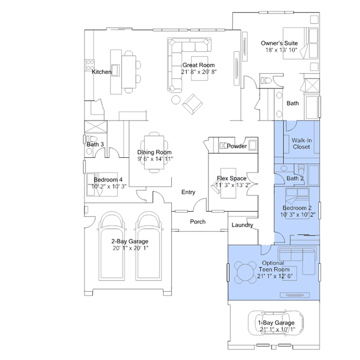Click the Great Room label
coord(199,65)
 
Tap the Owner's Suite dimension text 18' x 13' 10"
coord(281,50)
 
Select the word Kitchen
coord(101,72)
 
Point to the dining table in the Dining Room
coord(154,152)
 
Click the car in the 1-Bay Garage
coord(275,323)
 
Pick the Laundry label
coord(242,225)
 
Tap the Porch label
coord(198,221)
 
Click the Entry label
coord(188,192)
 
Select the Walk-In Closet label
coord(301,144)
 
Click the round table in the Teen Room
coord(246,272)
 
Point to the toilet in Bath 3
coord(91,139)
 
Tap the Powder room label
coord(237,146)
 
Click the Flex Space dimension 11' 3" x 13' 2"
coord(233,185)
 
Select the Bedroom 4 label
coord(108,180)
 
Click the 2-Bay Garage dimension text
coord(130,248)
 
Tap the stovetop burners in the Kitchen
coord(90,65)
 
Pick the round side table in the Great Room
coord(176,100)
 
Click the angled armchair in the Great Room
coord(193,104)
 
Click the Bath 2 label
coord(295,178)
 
